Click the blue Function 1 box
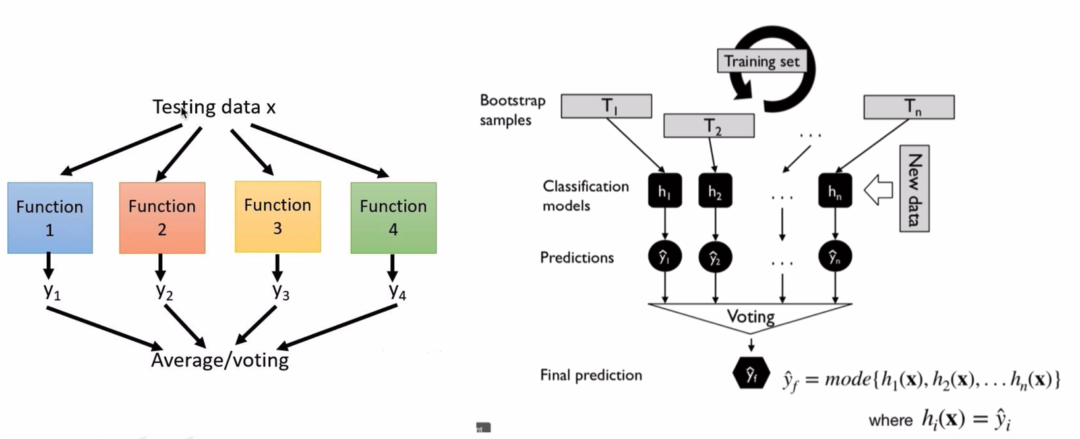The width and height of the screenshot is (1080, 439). [x=50, y=218]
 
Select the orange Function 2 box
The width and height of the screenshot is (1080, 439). [x=162, y=218]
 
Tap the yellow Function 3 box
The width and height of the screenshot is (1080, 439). [x=278, y=216]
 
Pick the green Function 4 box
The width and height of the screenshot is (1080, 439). [x=394, y=218]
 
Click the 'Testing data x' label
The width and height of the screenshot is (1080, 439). [x=214, y=107]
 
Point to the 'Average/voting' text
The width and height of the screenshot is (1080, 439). [x=220, y=360]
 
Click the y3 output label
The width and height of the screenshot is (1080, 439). [x=281, y=291]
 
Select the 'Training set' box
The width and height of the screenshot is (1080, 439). [x=762, y=61]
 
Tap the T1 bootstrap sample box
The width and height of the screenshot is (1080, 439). [x=606, y=106]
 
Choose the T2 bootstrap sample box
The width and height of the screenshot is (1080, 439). [x=709, y=126]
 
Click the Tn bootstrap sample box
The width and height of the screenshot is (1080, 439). [x=909, y=107]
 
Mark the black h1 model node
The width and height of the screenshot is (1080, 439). [x=665, y=191]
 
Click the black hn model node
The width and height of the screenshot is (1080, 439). [x=835, y=191]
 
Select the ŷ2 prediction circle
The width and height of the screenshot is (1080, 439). [x=715, y=256]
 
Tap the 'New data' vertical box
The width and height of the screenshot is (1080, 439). [x=915, y=189]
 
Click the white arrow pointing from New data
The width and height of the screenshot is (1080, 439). [x=878, y=190]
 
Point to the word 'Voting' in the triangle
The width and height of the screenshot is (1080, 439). [x=751, y=316]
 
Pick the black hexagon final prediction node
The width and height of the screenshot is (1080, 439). [x=751, y=372]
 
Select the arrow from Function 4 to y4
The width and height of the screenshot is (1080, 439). [x=392, y=268]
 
